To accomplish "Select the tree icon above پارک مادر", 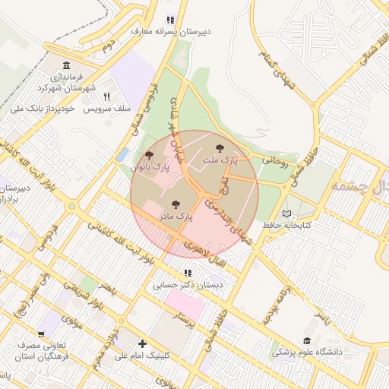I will click(x=176, y=204).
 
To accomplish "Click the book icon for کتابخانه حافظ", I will click(x=286, y=213).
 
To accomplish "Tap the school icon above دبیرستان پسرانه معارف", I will click(x=170, y=21).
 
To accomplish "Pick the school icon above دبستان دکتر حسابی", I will click(x=187, y=274).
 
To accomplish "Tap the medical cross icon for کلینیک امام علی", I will click(x=142, y=343).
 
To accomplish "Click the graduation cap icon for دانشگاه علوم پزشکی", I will click(x=307, y=341).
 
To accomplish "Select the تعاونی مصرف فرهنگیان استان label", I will click(x=43, y=350).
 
